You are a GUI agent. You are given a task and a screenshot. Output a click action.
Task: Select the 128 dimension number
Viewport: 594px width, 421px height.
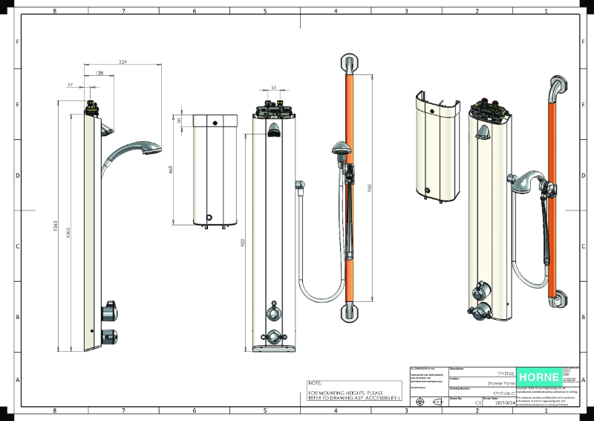click(99, 74)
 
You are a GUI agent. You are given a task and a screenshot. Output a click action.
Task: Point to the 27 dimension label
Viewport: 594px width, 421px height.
click(71, 85)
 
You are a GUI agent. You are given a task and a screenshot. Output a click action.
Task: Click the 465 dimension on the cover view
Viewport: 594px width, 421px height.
click(172, 170)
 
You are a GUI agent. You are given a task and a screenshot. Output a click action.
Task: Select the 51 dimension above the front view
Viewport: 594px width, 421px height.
click(273, 88)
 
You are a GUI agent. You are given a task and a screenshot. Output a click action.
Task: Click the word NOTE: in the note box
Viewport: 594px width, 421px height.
click(314, 383)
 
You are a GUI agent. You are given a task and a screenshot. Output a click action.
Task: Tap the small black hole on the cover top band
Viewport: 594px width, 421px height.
click(215, 123)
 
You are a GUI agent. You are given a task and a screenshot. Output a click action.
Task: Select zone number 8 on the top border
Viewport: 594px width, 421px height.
click(54, 12)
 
